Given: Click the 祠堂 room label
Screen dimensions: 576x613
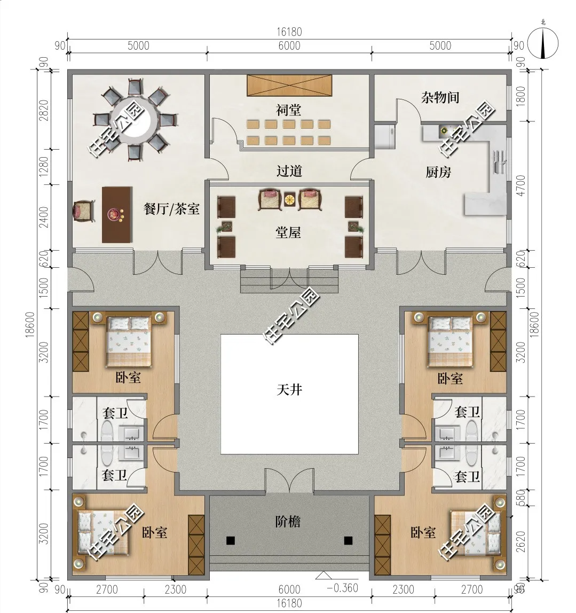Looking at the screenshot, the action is pos(289,110).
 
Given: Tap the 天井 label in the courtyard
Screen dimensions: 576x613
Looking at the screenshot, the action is pos(289,390).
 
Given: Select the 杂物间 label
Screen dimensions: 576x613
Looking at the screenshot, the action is pos(440,97).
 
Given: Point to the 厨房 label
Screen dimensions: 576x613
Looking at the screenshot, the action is pos(438,172).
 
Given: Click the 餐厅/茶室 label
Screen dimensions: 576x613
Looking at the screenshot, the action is pos(171,209).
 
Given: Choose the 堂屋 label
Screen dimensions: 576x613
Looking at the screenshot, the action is pos(288,232).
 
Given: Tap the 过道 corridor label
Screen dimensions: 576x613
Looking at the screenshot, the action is pos(289,171).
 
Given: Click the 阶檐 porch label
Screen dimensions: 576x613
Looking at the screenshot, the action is pos(288,522).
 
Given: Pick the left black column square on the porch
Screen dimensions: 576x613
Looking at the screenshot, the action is pos(231,541).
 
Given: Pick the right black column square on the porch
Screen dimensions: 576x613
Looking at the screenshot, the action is pos(349,541).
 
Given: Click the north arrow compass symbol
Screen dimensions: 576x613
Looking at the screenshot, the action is pos(543,42).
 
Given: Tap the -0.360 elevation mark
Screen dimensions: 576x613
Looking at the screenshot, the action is pos(342,588).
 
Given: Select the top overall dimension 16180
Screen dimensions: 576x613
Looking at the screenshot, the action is pos(289,32).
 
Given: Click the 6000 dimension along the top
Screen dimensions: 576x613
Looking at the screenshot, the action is pos(289,46).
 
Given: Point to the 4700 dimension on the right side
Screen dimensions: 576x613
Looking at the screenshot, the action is pos(521,185).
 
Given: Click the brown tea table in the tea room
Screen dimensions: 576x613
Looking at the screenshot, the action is pos(117,215).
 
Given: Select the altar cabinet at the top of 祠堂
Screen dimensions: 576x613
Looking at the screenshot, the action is pos(289,85).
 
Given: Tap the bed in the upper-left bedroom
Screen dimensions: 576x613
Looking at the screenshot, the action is pos(129,339).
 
